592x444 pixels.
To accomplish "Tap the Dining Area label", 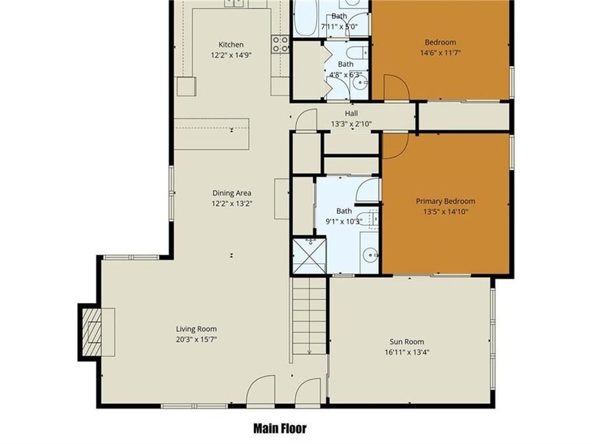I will click(x=232, y=193).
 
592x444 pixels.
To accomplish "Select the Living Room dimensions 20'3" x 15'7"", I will click(x=196, y=339).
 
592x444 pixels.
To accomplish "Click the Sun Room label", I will click(x=407, y=341).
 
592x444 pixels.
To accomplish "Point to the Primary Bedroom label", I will click(x=445, y=201).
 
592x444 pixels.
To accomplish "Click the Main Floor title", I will click(x=280, y=428).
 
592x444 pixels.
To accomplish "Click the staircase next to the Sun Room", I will click(x=309, y=316).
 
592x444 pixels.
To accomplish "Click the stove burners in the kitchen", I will click(x=281, y=44).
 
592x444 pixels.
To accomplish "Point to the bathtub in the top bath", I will click(x=304, y=20).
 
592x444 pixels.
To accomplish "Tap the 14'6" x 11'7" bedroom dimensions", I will click(x=440, y=53).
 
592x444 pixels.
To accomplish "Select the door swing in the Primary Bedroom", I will click(x=394, y=145).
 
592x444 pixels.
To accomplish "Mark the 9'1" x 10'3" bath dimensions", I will click(x=344, y=221).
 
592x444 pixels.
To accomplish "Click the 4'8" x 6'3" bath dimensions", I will click(x=345, y=74).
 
